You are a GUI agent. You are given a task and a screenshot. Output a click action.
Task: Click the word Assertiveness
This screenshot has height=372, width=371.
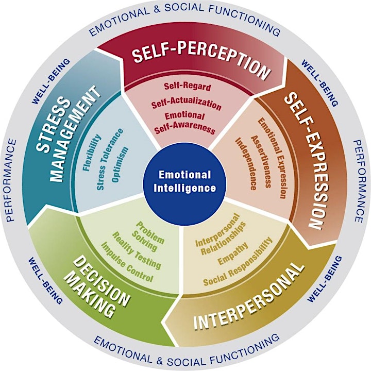click(261, 162)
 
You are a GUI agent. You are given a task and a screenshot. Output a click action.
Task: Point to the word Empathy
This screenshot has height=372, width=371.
click(233, 253)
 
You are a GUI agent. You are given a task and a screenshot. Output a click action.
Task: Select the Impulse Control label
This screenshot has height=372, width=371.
click(127, 262)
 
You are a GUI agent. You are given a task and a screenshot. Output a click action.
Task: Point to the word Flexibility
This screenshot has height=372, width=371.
click(92, 153)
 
